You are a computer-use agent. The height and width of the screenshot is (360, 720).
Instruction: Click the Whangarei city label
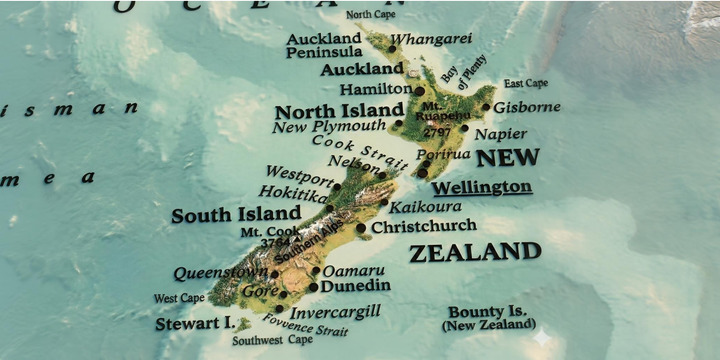coord(431,40)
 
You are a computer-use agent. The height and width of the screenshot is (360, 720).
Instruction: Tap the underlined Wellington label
coord(482,187)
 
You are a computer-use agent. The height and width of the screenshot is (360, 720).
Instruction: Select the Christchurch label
coord(424,227)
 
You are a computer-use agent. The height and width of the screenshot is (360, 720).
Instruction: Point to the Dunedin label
coord(355,286)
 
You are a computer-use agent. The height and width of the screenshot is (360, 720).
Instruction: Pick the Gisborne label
coord(528,107)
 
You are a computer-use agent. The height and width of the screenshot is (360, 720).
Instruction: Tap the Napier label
coord(500,134)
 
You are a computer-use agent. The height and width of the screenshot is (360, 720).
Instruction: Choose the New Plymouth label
coord(328,127)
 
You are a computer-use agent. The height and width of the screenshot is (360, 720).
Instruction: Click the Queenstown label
coord(220,273)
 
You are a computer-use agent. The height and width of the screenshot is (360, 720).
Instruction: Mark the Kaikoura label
coord(426,207)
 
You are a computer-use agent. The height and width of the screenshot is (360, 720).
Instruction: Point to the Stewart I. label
coord(194,324)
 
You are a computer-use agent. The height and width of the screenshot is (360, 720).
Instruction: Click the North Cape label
coord(370,15)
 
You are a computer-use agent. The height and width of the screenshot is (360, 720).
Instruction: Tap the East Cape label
coord(526,83)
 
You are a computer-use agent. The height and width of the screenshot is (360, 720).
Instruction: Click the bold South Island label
coord(236,214)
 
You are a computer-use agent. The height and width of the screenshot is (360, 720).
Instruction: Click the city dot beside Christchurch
coord(361,228)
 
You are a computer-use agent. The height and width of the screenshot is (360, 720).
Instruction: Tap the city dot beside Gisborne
coord(487,107)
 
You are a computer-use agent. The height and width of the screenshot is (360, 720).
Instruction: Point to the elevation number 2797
coord(437,131)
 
